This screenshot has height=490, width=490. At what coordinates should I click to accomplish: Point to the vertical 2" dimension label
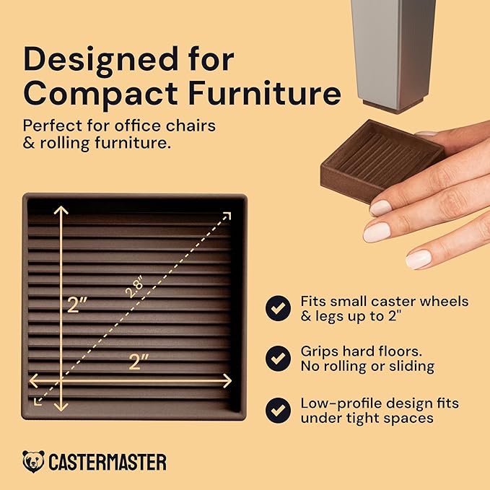point(77,304)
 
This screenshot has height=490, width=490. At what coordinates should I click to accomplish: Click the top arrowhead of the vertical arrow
point(61,211)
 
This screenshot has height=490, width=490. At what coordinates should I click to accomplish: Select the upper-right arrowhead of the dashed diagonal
point(227,215)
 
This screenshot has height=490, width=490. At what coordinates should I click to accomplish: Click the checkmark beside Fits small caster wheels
point(277,308)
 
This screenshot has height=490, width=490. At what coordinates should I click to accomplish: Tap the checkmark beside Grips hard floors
point(277,359)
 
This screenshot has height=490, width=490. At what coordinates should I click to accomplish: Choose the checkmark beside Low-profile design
point(277,410)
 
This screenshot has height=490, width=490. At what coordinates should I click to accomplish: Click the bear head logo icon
point(33,461)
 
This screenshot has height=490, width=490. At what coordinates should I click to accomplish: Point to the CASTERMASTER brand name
point(108,462)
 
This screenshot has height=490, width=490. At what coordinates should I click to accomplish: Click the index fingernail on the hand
point(380,208)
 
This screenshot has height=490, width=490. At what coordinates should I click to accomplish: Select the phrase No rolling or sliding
point(367,367)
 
